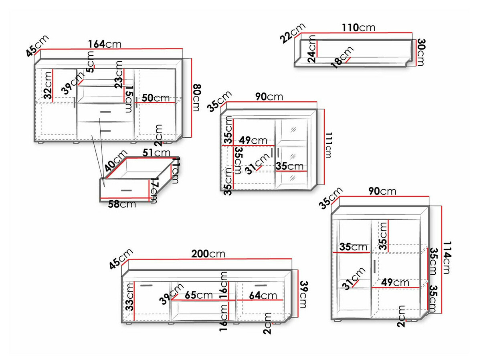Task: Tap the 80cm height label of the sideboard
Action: tap(196, 98)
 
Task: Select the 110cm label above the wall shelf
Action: tap(358, 27)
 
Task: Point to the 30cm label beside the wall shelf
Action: tap(420, 52)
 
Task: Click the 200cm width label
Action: tap(208, 253)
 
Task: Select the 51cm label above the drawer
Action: tap(156, 153)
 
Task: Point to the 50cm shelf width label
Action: tap(156, 98)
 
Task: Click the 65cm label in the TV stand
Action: tap(199, 296)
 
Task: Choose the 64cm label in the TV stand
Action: tap(263, 296)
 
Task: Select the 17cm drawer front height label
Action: tap(154, 191)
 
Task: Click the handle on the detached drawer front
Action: tap(126, 190)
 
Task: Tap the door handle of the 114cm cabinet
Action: tap(373, 267)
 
